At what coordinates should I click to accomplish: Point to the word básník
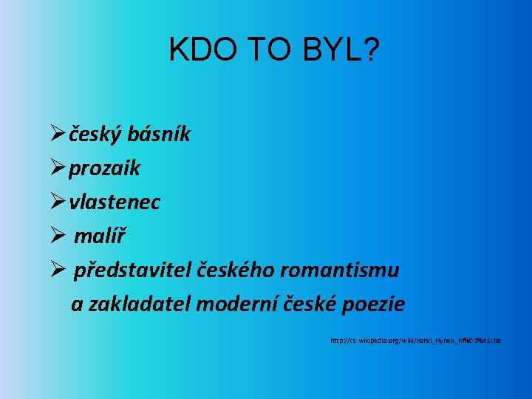click(x=159, y=134)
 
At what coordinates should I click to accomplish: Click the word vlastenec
click(x=115, y=202)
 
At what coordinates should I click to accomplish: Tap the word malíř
click(x=100, y=236)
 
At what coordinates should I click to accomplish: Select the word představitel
click(x=133, y=270)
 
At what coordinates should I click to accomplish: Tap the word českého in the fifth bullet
click(x=237, y=270)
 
